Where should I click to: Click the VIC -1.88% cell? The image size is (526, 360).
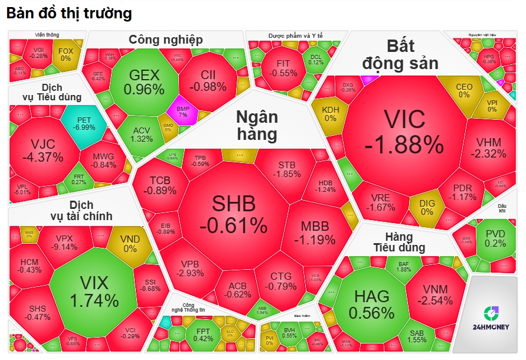point(404,131)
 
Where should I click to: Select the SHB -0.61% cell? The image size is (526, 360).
point(233,214)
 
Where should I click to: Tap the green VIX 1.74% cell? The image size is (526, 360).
point(94,290)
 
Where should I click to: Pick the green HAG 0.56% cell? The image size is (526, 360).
point(371,303)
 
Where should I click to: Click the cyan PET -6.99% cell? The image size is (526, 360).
point(84,123)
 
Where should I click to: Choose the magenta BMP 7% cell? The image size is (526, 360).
point(182,111)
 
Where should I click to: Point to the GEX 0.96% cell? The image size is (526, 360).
point(144,82)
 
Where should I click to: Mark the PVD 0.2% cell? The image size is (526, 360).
point(495,238)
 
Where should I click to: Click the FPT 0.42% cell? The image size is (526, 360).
point(202,334)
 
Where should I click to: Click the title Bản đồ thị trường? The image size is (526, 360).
point(70,13)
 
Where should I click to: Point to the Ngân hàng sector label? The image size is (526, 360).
point(256,125)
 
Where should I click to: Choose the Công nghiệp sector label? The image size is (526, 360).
point(166,40)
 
